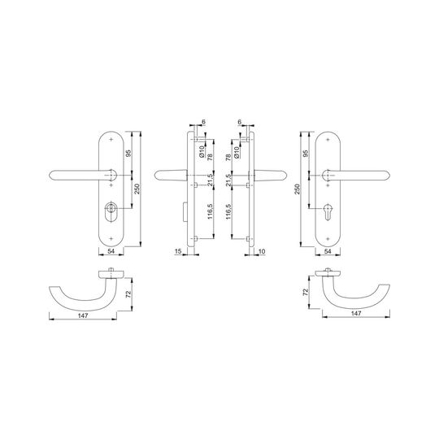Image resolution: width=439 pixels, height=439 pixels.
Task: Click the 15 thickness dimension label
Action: coord(178,251)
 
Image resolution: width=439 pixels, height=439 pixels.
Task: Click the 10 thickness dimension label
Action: coord(262,251)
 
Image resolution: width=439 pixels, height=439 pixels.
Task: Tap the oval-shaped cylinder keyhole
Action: coord(111,212)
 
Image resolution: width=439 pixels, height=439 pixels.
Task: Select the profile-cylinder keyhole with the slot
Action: coord(328,212)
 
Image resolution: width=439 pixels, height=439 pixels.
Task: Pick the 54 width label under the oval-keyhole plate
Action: coord(111,251)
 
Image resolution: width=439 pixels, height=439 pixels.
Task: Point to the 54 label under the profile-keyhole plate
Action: coord(328,251)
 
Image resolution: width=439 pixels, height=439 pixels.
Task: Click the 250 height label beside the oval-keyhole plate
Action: coord(137,189)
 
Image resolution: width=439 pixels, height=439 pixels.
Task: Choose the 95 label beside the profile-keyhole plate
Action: coord(306,153)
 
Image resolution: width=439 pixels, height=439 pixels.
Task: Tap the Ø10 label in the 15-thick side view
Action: coord(202,151)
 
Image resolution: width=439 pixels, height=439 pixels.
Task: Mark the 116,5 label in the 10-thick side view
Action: coord(228,211)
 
